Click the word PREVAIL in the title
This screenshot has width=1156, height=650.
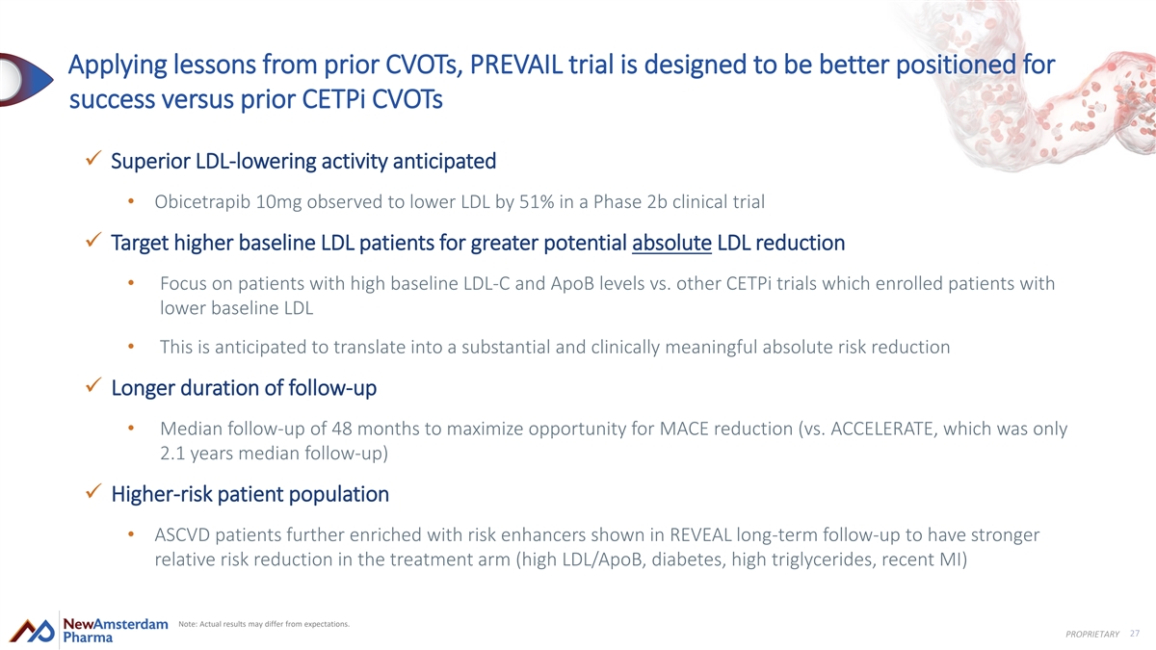pyautogui.click(x=515, y=65)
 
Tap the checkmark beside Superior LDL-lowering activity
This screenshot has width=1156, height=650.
pyautogui.click(x=93, y=158)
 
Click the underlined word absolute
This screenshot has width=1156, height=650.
pyautogui.click(x=672, y=243)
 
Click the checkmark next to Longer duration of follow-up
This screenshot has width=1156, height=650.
pyautogui.click(x=93, y=385)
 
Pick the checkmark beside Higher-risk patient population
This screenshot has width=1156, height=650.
pyautogui.click(x=93, y=491)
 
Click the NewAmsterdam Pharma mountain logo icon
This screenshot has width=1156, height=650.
pyautogui.click(x=32, y=631)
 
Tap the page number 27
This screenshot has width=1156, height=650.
pyautogui.click(x=1135, y=634)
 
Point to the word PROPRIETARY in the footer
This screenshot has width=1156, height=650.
pyautogui.click(x=1092, y=634)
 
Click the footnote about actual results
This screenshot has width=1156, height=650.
pyautogui.click(x=264, y=624)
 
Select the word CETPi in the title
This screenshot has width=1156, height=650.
pyautogui.click(x=333, y=99)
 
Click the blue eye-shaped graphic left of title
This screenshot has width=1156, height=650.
pyautogui.click(x=26, y=80)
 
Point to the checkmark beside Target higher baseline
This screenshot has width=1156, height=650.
pyautogui.click(x=93, y=240)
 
